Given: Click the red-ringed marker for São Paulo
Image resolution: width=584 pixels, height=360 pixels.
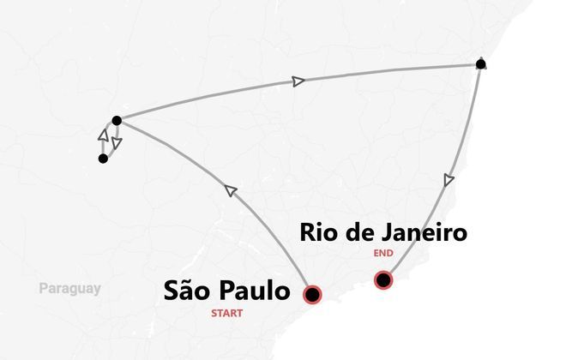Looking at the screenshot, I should click(x=313, y=294).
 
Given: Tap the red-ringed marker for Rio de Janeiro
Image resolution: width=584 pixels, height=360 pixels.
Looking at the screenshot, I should click(x=383, y=279).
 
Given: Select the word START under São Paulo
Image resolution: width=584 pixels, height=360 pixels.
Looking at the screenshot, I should click(x=227, y=314).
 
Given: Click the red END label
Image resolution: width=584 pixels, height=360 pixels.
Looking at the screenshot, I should click(x=383, y=254).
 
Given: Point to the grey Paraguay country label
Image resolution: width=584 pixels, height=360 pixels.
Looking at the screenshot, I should click(x=69, y=289).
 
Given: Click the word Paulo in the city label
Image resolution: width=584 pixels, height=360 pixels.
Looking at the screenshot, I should click(x=255, y=291).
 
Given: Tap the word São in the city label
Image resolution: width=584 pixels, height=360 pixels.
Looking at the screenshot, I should click(x=188, y=291).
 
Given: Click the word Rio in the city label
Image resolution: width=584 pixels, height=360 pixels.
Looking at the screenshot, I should click(x=317, y=232).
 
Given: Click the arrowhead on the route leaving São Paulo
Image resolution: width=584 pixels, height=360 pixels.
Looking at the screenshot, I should click(x=230, y=189).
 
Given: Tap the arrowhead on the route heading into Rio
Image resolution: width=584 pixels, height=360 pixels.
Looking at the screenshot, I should click(x=448, y=180).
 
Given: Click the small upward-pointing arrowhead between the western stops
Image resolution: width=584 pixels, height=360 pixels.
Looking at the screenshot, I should click(x=103, y=135).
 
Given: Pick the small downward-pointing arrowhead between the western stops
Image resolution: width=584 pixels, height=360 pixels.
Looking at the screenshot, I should click(x=117, y=143).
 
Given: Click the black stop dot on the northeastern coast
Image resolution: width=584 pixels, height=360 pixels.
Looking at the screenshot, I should click(x=481, y=64).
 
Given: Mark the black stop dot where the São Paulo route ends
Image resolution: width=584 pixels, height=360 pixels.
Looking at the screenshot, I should click(x=117, y=120).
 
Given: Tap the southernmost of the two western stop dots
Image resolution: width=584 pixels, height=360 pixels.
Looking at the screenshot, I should click(x=103, y=159).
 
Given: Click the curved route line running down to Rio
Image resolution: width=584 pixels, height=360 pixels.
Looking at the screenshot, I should click(x=463, y=146).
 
